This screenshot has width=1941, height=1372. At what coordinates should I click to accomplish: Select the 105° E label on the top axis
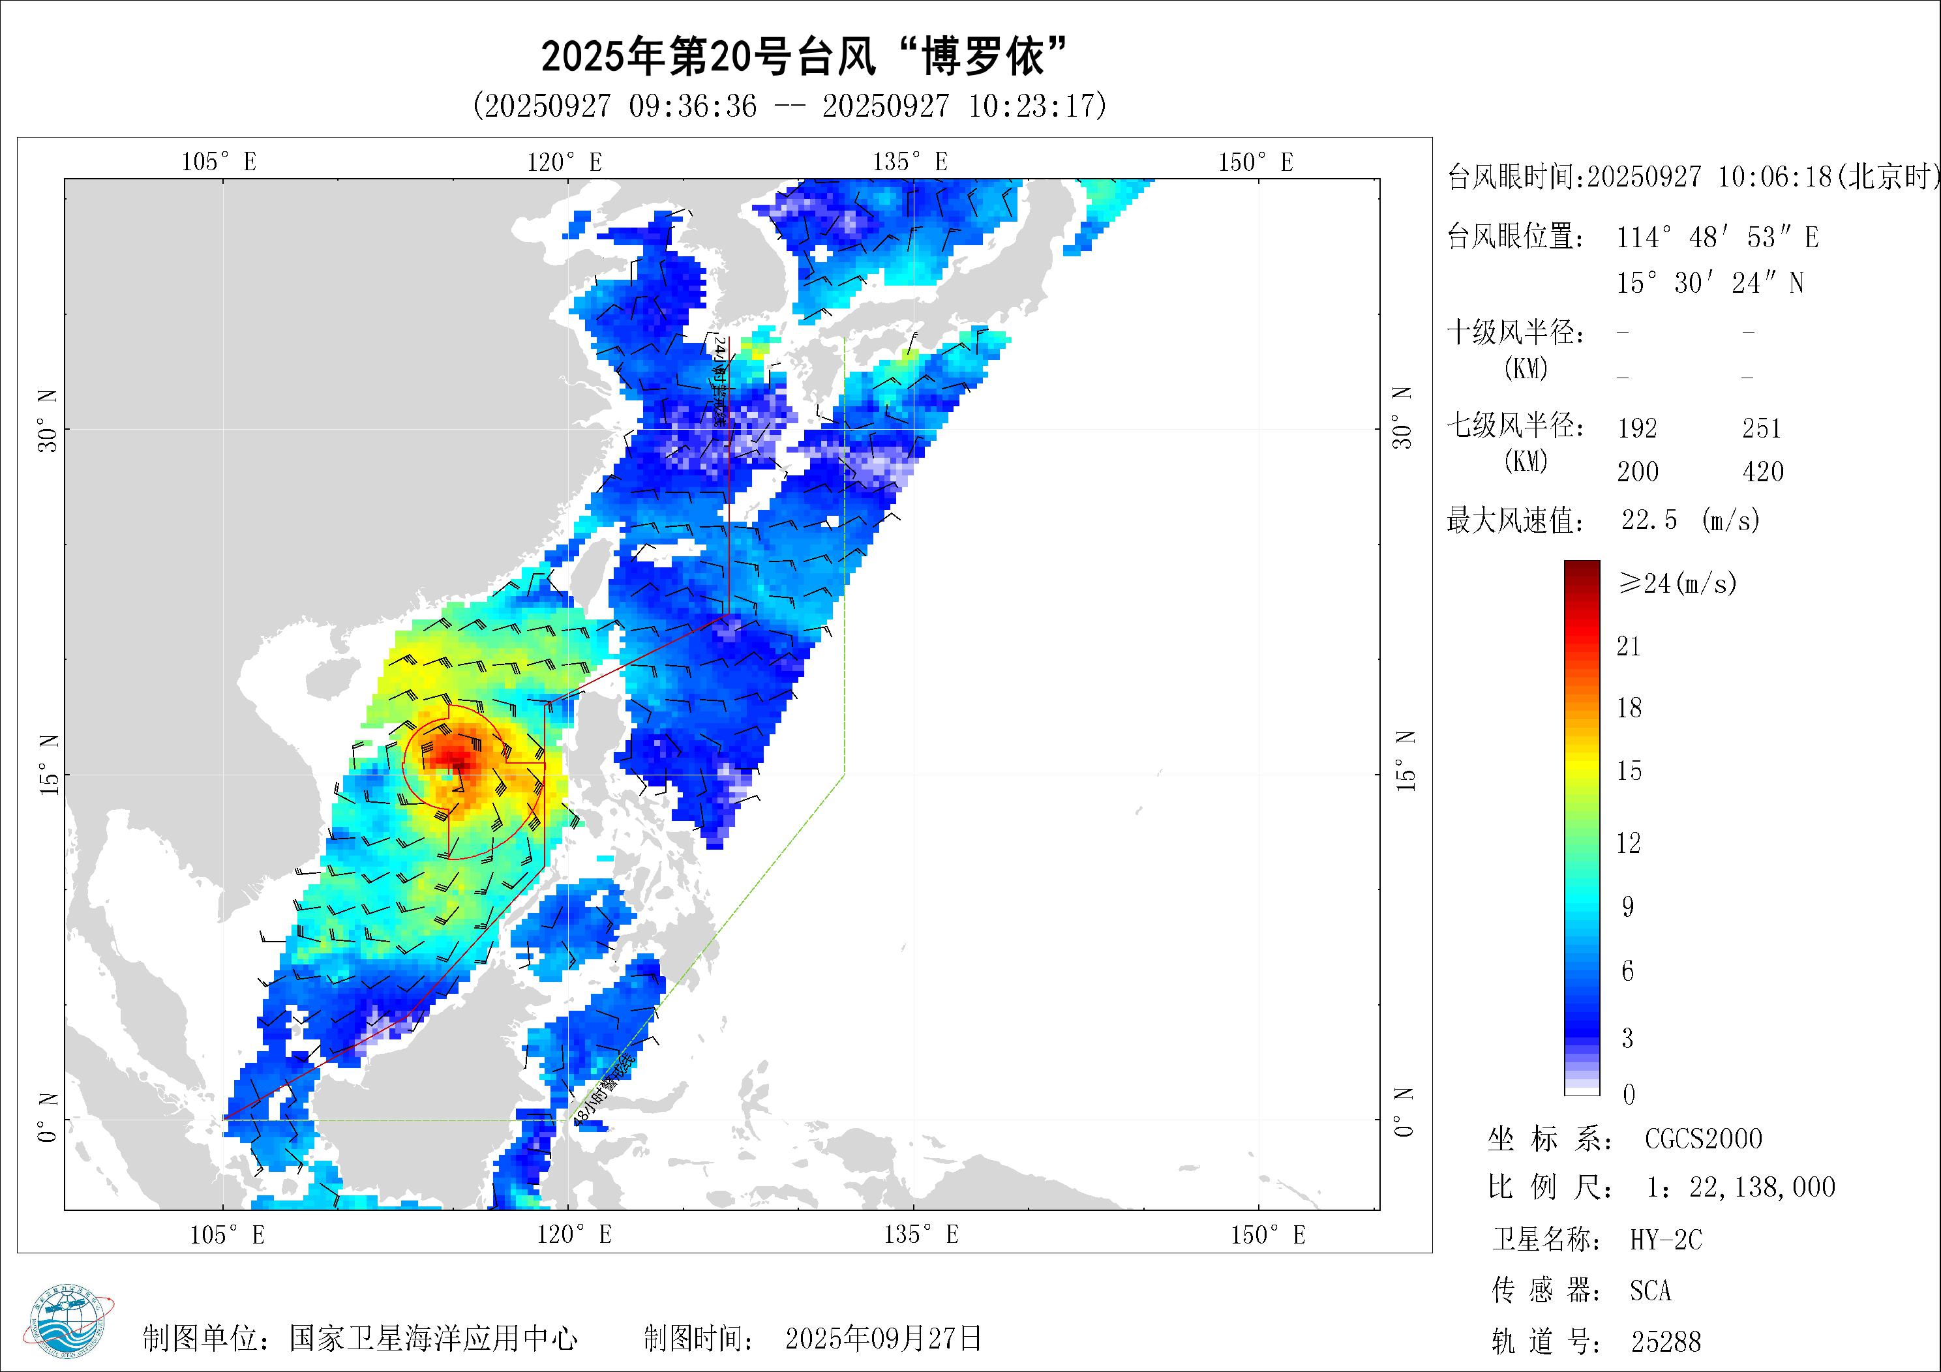point(219,162)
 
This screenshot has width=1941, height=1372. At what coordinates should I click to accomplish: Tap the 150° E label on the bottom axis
point(1267,1235)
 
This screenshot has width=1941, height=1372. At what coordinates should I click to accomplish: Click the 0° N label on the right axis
point(1404,1113)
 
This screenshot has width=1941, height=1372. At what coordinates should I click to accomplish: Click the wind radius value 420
point(1763,471)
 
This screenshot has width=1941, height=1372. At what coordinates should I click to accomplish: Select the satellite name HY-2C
point(1665,1240)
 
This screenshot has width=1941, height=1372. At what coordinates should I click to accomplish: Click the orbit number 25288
point(1665,1341)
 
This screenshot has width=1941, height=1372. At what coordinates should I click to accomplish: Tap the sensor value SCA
point(1650,1291)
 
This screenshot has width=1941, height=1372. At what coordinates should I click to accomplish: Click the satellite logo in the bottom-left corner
point(72,1326)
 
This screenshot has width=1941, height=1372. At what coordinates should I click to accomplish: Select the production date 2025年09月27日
point(883,1338)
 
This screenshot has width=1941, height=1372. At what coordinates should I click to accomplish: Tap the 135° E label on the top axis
point(910,162)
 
